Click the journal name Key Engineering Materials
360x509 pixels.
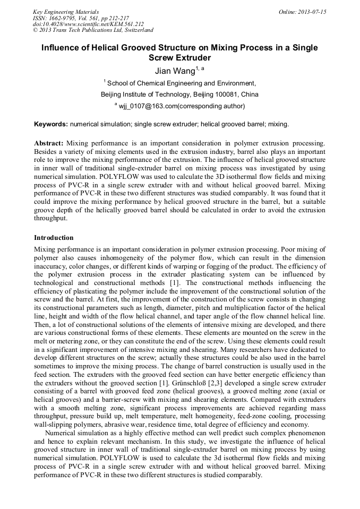[66, 11]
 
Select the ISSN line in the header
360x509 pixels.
[80, 18]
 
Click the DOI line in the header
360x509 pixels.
[88, 24]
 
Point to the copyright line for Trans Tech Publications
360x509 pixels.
[93, 30]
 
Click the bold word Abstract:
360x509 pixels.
[49, 143]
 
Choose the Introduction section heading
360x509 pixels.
[54, 237]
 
